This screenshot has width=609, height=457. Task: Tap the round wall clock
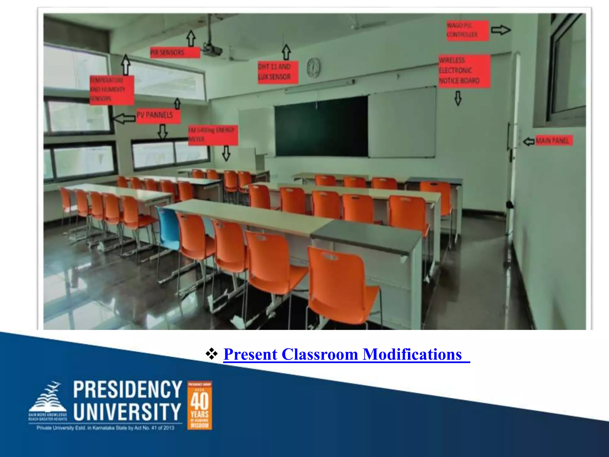313,68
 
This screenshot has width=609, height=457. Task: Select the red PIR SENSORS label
175,53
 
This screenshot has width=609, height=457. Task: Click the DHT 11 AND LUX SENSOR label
277,72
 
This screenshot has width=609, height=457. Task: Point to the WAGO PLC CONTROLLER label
467,30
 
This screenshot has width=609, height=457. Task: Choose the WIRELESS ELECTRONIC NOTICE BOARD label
464,71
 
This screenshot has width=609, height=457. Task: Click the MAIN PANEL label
554,140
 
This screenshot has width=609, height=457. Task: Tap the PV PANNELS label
158,115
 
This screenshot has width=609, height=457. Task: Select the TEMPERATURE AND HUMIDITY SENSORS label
111,90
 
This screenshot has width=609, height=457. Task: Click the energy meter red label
213,135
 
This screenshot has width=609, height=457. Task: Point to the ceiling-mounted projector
211,50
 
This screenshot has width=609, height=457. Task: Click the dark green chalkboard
321,127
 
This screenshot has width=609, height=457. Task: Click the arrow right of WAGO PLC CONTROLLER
500,30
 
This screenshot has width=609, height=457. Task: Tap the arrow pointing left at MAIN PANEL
529,141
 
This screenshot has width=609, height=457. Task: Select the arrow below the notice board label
458,98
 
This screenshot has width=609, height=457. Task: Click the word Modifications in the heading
412,354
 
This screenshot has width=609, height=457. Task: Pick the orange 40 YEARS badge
200,405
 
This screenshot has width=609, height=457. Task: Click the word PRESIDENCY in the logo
128,389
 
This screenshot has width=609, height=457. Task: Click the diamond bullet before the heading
211,354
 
